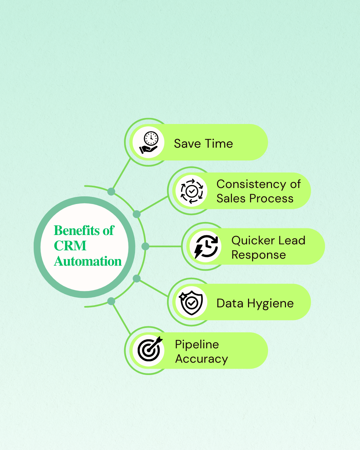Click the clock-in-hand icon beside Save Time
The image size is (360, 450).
(149, 142)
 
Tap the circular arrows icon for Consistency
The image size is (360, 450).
(192, 191)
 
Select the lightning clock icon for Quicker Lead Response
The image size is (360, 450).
(206, 247)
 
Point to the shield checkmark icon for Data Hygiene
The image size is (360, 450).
(191, 302)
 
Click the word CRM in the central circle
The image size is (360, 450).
(70, 246)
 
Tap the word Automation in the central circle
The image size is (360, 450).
(88, 261)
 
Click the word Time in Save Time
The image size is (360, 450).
(219, 144)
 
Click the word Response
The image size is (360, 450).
(259, 255)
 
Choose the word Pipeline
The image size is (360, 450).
(197, 344)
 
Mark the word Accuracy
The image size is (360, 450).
(202, 359)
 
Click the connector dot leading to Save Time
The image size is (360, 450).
(111, 192)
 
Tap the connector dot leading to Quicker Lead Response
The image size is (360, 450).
(145, 246)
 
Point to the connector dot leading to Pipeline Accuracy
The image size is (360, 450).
(111, 301)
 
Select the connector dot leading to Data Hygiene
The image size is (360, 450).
(137, 279)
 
